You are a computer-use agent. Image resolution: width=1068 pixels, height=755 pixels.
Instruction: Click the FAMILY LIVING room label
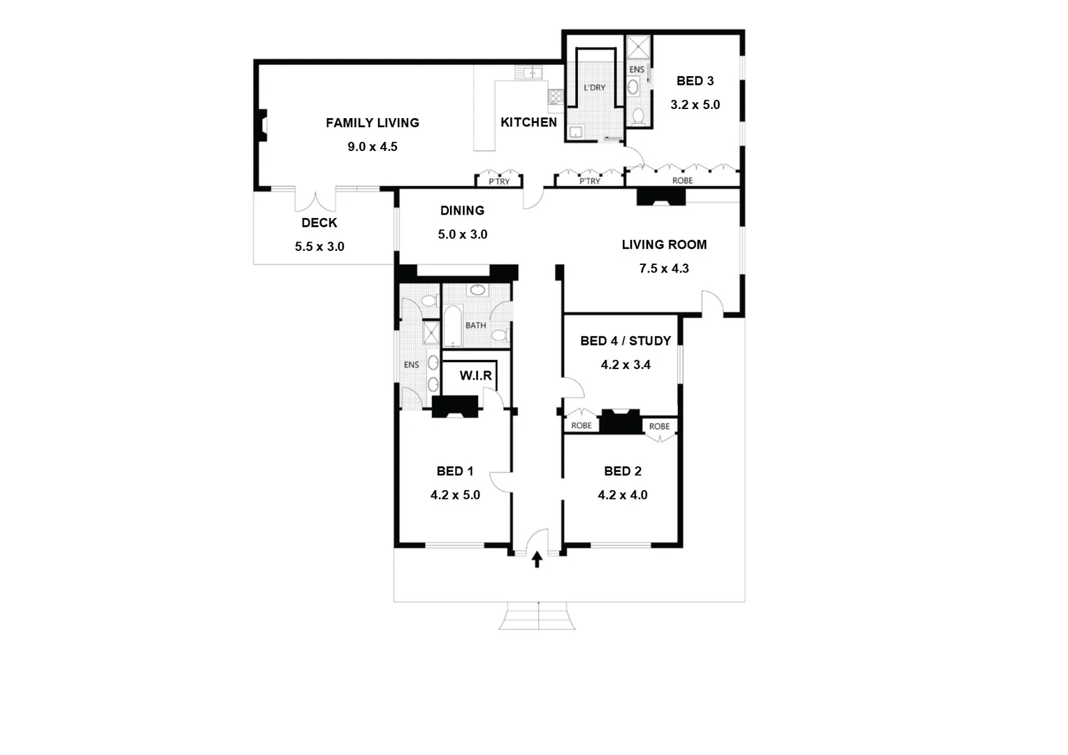[372, 123]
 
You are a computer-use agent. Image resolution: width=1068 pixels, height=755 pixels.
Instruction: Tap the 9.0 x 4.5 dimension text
[372, 147]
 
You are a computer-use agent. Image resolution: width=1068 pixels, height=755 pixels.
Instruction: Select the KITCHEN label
[528, 122]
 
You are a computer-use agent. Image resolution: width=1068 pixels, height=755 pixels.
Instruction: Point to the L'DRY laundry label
[594, 88]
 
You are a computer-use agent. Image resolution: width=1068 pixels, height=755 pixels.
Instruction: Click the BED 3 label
[695, 81]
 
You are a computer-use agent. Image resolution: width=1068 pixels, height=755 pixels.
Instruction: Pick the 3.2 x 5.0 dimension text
[695, 105]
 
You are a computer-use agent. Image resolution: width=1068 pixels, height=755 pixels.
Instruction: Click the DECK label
[319, 223]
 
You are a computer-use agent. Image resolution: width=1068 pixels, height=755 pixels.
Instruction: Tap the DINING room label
[462, 210]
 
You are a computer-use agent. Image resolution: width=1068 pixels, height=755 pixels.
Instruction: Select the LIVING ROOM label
[664, 245]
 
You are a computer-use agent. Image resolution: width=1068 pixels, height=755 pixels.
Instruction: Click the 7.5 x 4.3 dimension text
[664, 268]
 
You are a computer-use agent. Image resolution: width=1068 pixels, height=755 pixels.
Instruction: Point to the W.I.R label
[475, 376]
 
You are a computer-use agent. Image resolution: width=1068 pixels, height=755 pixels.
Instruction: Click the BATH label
[475, 326]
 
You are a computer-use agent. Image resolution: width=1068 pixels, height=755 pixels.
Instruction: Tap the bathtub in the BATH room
[453, 326]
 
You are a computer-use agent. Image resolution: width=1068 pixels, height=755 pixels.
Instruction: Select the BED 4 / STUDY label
[625, 341]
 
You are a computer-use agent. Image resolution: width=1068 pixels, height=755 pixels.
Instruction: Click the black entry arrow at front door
[537, 559]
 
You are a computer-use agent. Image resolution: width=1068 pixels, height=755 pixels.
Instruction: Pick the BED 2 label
[622, 472]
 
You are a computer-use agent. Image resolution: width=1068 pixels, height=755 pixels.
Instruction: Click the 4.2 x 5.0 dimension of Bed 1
[455, 496]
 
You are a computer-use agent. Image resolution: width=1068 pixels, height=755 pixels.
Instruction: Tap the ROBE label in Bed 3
[682, 181]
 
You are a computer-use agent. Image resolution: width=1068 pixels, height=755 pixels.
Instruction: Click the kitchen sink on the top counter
[528, 72]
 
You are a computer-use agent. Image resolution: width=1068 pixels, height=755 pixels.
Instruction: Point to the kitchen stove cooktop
[556, 96]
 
